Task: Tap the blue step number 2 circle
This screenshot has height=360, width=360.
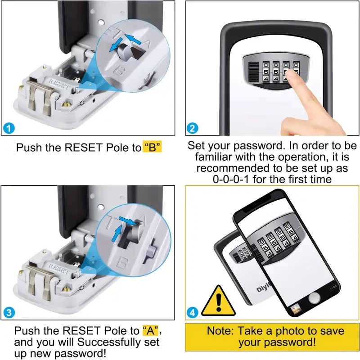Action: [193, 128]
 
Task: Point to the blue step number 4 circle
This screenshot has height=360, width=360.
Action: [193, 311]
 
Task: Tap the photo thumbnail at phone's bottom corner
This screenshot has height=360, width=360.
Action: [296, 309]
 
